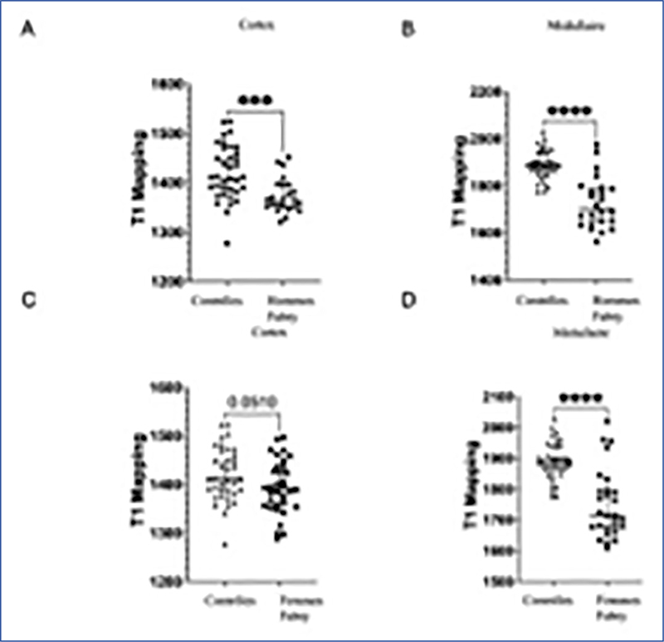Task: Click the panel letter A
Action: pyautogui.click(x=32, y=32)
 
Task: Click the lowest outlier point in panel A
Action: pyautogui.click(x=226, y=243)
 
